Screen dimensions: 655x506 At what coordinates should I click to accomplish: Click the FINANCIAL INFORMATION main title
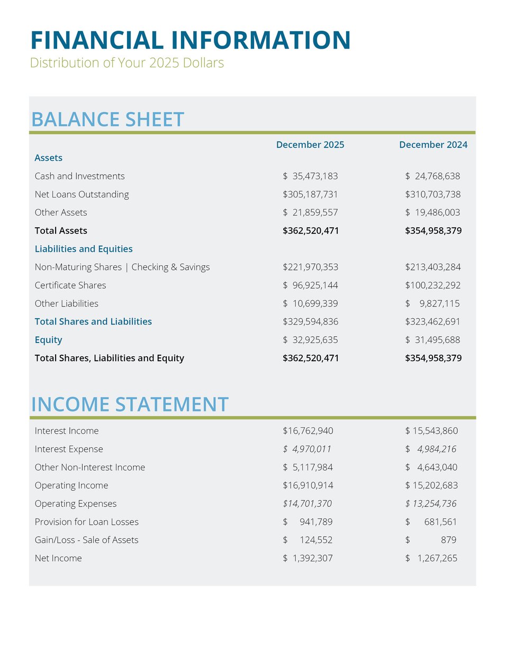[x=190, y=41]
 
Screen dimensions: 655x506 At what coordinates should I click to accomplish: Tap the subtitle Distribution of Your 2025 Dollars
[x=126, y=63]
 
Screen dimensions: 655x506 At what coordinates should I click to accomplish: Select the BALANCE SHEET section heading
[x=107, y=120]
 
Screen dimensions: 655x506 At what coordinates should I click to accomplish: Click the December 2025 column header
[x=310, y=145]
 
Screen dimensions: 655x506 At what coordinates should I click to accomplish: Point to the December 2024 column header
[x=433, y=145]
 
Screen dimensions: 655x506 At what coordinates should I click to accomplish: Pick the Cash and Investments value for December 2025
[x=310, y=176]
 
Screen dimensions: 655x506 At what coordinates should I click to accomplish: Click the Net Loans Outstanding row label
[x=82, y=194]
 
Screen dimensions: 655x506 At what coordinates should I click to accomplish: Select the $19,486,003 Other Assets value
[x=432, y=212]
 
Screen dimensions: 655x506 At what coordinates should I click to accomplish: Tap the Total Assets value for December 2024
[x=433, y=231]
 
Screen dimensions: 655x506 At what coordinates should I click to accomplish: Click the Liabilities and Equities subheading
[x=84, y=249]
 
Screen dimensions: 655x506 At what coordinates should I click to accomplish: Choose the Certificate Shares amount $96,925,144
[x=310, y=285]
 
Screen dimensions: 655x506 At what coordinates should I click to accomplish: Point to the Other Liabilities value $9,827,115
[x=432, y=303]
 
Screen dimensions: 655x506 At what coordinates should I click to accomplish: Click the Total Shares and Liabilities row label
[x=93, y=322]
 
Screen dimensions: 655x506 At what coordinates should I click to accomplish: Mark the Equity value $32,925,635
[x=310, y=340]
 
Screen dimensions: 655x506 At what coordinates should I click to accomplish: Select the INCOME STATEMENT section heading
[x=130, y=405]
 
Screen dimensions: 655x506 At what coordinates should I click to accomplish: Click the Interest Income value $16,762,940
[x=308, y=431]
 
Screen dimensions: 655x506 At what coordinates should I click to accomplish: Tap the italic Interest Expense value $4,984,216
[x=431, y=449]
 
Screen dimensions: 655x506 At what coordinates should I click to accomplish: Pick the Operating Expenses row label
[x=75, y=504]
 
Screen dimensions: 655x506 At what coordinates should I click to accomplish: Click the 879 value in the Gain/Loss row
[x=448, y=540]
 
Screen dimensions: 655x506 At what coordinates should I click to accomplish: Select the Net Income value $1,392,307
[x=308, y=558]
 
